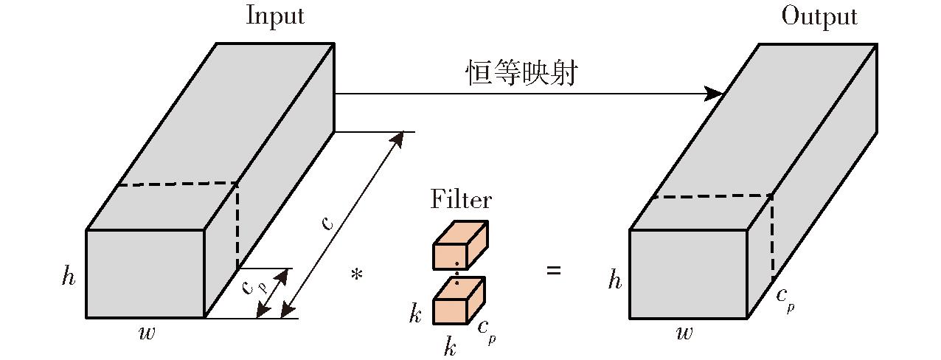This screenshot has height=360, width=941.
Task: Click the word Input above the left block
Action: click(x=274, y=15)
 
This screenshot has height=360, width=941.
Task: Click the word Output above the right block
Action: click(x=819, y=15)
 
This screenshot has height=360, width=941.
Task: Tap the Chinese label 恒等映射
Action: click(x=521, y=74)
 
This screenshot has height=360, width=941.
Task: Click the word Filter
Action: click(x=461, y=199)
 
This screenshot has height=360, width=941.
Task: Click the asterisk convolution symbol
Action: click(x=357, y=276)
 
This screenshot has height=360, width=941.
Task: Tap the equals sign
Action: click(x=553, y=271)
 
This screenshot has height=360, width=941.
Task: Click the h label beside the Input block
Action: click(x=69, y=277)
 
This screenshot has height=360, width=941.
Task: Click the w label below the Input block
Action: click(x=147, y=333)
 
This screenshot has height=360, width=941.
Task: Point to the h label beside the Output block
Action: click(x=614, y=280)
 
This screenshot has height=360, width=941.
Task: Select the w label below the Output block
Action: click(x=684, y=333)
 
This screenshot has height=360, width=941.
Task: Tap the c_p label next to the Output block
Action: click(x=785, y=299)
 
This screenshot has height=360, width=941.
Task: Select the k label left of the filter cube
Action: click(x=415, y=315)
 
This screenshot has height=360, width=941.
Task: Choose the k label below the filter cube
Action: click(x=450, y=346)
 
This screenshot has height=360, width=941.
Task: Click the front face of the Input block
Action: click(x=145, y=274)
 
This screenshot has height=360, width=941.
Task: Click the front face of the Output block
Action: click(x=688, y=274)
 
